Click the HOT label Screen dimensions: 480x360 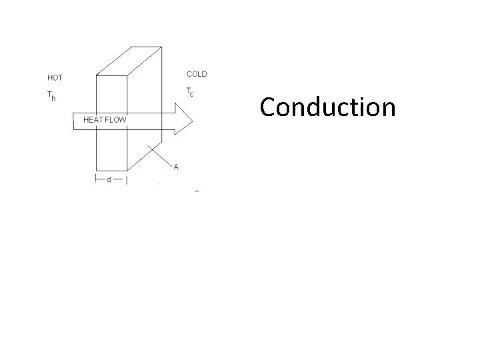(x=55, y=78)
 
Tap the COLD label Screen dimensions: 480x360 (x=197, y=74)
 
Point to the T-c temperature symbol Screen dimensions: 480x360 (x=190, y=91)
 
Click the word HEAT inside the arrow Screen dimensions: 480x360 (x=94, y=120)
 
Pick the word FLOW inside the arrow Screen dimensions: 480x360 (x=116, y=120)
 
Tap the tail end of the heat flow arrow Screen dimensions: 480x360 (x=74, y=120)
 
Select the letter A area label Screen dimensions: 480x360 (x=176, y=167)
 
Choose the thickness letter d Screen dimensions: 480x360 (x=109, y=180)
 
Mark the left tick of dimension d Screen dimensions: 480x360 (x=96, y=179)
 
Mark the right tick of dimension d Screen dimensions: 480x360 (x=127, y=179)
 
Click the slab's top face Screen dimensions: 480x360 (x=129, y=61)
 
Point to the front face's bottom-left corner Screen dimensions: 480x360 (x=97, y=170)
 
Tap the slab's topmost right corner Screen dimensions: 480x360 (x=161, y=47)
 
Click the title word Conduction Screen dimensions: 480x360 (x=327, y=107)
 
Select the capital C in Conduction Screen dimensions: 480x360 (x=268, y=107)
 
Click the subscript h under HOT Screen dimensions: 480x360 (x=54, y=99)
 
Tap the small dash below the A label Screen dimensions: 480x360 (x=197, y=191)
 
